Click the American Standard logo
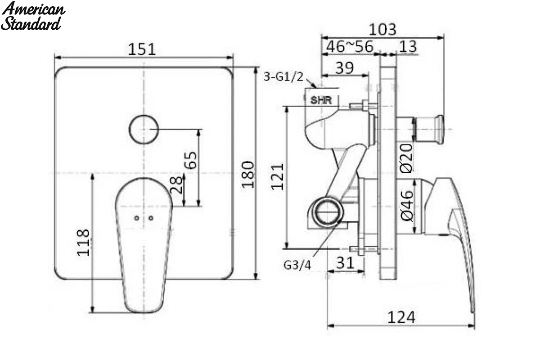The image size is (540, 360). point(33,16)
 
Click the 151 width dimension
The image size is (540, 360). point(142,49)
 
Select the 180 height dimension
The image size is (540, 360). point(248,175)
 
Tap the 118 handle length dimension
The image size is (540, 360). point(83,243)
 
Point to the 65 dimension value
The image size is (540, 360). point(190,160)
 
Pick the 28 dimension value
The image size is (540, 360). point(176,184)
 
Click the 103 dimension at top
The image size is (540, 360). point(382,30)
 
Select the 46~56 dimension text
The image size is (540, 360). point(350,46)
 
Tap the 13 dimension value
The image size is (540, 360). point(408,46)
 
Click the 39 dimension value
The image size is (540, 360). point(345,68)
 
